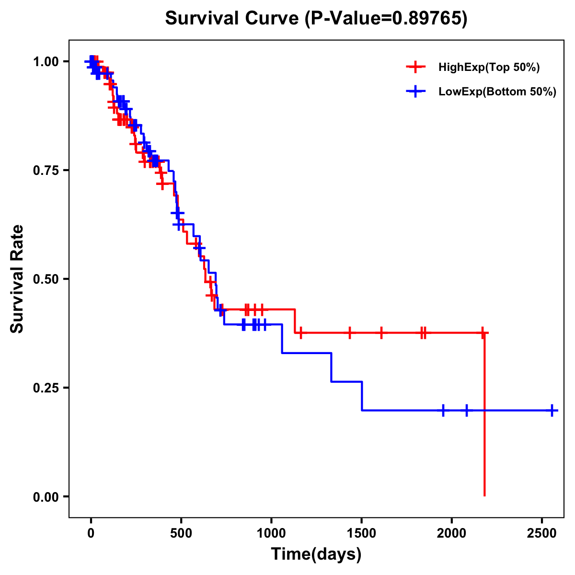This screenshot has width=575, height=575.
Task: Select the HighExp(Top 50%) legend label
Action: [x=489, y=68]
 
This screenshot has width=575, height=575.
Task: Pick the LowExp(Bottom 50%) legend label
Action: [x=497, y=92]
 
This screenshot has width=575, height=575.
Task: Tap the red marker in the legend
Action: [x=415, y=67]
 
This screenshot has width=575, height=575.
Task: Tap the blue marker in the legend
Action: [x=415, y=92]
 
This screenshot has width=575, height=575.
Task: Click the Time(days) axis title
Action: [x=316, y=554]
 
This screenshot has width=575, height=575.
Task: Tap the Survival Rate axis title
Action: [x=18, y=279]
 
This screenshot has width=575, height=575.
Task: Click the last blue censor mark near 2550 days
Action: [x=552, y=411]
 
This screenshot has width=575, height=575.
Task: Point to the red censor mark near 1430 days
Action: [x=350, y=333]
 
